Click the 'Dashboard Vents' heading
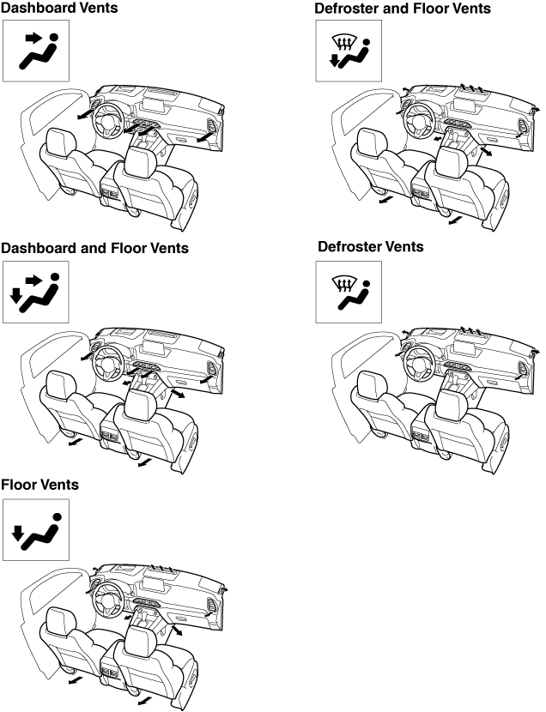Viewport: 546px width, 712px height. pyautogui.click(x=59, y=9)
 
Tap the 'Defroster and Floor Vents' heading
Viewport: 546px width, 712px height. pyautogui.click(x=403, y=9)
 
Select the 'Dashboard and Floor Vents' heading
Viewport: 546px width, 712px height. pyautogui.click(x=94, y=248)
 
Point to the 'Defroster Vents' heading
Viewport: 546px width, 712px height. pyautogui.click(x=371, y=246)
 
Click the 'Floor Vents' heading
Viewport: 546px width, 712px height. pyautogui.click(x=40, y=485)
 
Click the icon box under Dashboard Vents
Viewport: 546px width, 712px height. pyautogui.click(x=36, y=51)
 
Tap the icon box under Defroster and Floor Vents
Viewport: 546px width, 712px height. pyautogui.click(x=349, y=51)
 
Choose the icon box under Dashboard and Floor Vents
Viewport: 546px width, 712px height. pyautogui.click(x=36, y=292)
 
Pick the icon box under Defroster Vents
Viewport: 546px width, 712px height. pyautogui.click(x=349, y=292)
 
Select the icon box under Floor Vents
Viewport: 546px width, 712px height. pyautogui.click(x=36, y=530)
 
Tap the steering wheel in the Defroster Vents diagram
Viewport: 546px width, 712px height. pyautogui.click(x=421, y=363)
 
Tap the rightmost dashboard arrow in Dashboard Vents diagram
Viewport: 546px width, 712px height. pyautogui.click(x=205, y=137)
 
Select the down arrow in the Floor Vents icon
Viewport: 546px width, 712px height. pyautogui.click(x=18, y=534)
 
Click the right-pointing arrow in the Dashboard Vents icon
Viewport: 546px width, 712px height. pyautogui.click(x=33, y=38)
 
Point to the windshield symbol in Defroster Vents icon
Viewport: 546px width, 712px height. pyautogui.click(x=343, y=284)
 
